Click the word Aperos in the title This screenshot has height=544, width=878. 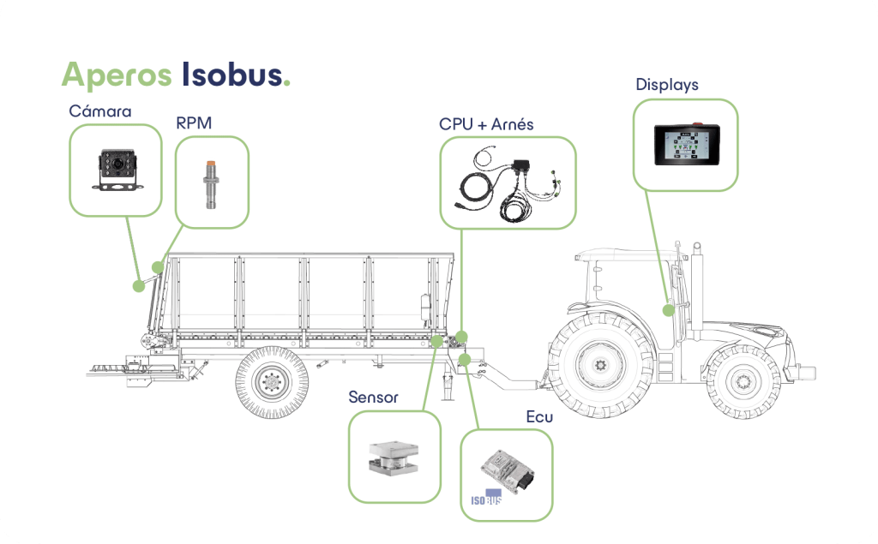(x=116, y=75)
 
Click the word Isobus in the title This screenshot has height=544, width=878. (x=232, y=75)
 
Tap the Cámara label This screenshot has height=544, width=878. (x=100, y=111)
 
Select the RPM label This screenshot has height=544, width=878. (x=193, y=123)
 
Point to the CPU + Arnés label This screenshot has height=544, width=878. (x=486, y=124)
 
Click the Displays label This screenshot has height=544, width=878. (x=666, y=85)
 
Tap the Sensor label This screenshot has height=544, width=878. (x=373, y=398)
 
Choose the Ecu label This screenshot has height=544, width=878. (x=539, y=417)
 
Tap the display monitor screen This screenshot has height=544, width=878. (x=685, y=144)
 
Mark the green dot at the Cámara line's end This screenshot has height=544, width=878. (x=138, y=286)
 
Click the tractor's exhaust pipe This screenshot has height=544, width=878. (x=695, y=283)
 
